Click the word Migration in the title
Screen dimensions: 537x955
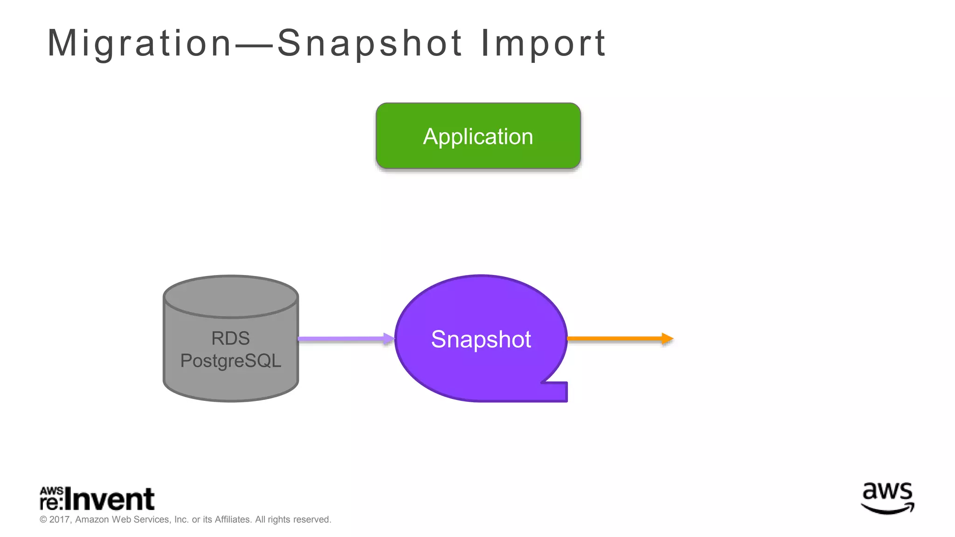(139, 43)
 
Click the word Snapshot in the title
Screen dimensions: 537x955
(370, 43)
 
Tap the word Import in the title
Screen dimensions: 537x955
(543, 43)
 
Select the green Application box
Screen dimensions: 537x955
(478, 136)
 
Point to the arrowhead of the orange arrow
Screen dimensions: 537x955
(668, 338)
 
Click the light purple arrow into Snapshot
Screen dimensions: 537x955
(345, 339)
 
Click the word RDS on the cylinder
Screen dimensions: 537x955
(230, 338)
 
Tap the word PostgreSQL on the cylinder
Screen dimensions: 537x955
(230, 361)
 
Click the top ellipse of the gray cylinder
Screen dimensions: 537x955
(230, 296)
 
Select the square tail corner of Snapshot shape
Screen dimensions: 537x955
(560, 392)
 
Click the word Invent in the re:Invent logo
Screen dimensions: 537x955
(110, 500)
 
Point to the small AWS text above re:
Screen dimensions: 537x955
(51, 491)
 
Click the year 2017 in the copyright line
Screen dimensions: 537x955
(60, 520)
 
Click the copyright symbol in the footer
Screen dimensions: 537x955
(43, 520)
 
